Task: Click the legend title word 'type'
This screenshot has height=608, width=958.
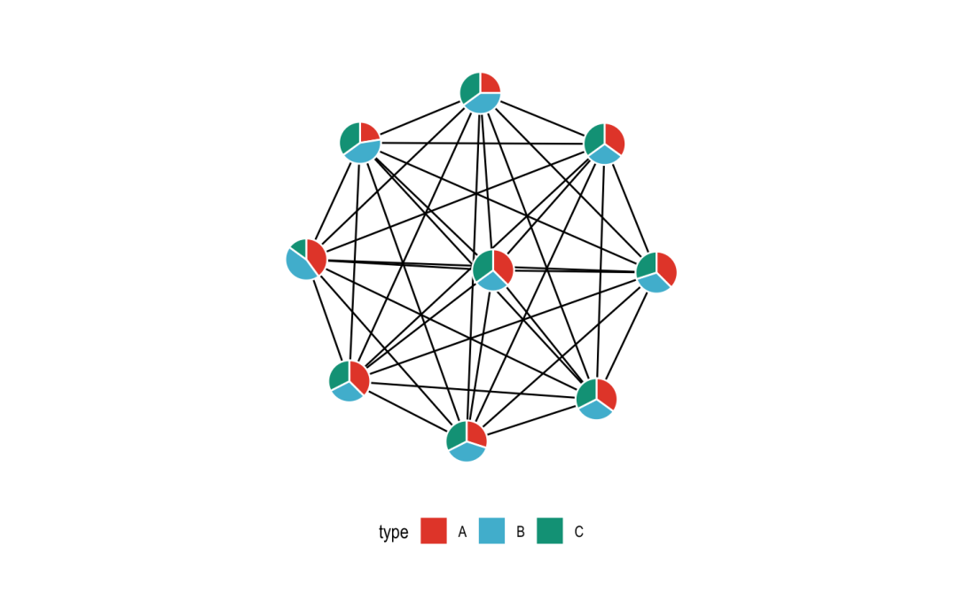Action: point(393,532)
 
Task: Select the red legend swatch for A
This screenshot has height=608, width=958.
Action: point(434,531)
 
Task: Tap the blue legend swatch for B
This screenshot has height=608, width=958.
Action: point(491,531)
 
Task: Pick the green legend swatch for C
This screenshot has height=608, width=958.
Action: point(550,531)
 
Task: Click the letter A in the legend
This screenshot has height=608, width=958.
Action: point(462,532)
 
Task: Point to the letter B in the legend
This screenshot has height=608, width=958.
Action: point(521,532)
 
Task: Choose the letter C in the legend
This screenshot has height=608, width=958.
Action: point(579,532)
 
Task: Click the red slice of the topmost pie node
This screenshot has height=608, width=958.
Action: point(488,84)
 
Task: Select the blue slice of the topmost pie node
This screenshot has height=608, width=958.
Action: point(482,103)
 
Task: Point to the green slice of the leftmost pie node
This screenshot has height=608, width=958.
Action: point(299,247)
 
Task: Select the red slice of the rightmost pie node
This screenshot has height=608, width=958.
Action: point(666,267)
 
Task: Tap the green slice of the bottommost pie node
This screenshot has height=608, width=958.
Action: point(457,434)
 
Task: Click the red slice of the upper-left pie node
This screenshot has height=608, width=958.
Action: point(368,133)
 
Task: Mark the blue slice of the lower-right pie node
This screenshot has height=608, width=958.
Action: point(596,409)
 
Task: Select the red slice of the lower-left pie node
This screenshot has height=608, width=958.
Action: point(359,377)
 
